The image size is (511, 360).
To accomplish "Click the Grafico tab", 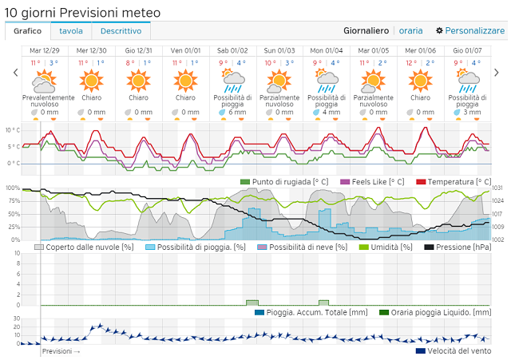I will coord(28,31).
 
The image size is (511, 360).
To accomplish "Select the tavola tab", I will coord(71,31).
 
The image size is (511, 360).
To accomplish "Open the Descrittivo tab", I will coord(121,31).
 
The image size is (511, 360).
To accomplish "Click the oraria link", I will coord(410,31).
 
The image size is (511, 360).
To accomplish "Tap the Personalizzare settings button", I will coord(470,31).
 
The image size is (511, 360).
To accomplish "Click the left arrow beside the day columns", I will coord(15,73).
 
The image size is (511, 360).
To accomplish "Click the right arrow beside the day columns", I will coord(496,73).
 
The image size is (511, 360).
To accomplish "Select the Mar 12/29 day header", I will coord(44,50).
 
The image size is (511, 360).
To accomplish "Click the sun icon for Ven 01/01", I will coord(185,80).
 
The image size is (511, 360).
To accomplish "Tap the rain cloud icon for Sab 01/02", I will coord(232,79).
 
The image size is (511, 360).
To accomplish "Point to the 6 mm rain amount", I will coord(236,113).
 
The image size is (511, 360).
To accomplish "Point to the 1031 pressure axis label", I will coord(497,188).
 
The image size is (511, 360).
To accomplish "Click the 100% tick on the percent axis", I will coord(13,188).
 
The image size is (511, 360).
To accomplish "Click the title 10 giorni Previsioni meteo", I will coord(82,12).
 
